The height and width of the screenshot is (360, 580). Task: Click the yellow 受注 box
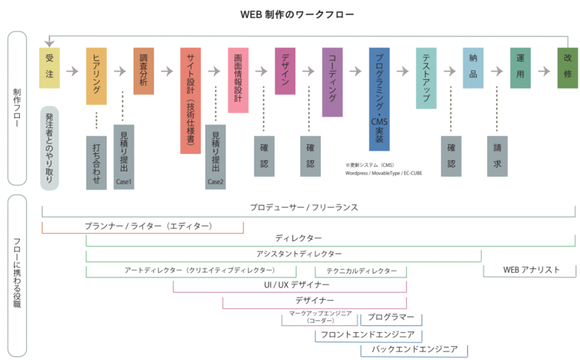pyautogui.click(x=49, y=68)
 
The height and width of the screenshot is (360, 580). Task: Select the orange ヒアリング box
pyautogui.click(x=96, y=76)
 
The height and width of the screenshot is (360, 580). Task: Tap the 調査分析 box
pyautogui.click(x=143, y=71)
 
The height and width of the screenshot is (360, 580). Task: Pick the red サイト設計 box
pyautogui.click(x=190, y=100)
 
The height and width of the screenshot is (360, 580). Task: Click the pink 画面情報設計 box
pyautogui.click(x=238, y=80)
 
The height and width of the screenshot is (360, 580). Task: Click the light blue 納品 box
pyautogui.click(x=473, y=68)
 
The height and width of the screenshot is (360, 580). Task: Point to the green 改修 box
pyautogui.click(x=567, y=68)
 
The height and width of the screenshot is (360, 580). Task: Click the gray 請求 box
pyautogui.click(x=497, y=156)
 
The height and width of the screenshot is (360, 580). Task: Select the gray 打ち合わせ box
pyautogui.click(x=96, y=162)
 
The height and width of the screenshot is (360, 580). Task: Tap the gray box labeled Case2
pyautogui.click(x=215, y=157)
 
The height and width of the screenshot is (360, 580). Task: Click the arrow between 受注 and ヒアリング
pyautogui.click(x=72, y=71)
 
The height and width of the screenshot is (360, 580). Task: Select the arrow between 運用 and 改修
pyautogui.click(x=544, y=71)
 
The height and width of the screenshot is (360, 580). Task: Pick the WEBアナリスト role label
pyautogui.click(x=531, y=270)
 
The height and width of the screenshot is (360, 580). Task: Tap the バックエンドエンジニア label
pyautogui.click(x=414, y=349)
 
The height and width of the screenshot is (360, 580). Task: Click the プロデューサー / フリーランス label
pyautogui.click(x=304, y=208)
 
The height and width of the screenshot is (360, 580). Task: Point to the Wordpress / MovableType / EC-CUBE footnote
pyautogui.click(x=383, y=173)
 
